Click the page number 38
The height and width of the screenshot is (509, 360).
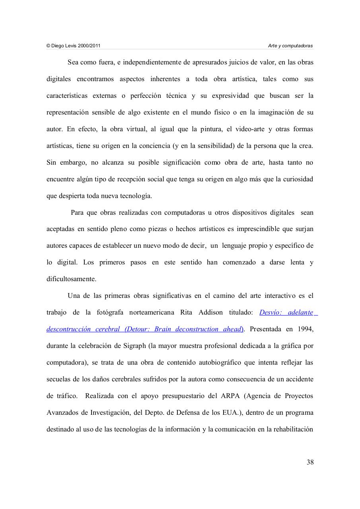[310, 462]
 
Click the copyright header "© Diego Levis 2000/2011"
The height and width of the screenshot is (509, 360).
[73, 46]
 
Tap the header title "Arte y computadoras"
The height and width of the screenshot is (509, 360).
[290, 46]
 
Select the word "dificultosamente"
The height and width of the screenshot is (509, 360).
[71, 279]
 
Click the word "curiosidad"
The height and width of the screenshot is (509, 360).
[298, 179]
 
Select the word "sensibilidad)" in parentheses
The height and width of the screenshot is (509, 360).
[216, 146]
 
